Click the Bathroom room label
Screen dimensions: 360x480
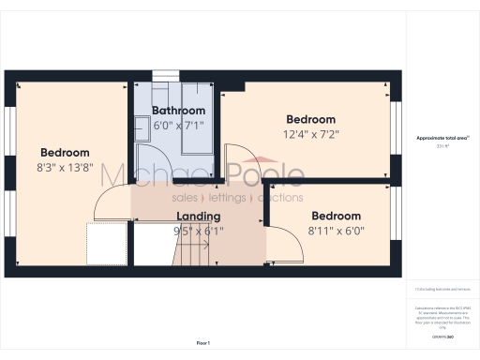click(178, 111)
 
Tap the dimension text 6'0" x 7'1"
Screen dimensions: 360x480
click(178, 124)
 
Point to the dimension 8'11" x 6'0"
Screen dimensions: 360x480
click(336, 230)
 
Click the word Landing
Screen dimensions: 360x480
click(198, 217)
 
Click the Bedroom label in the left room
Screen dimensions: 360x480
click(65, 153)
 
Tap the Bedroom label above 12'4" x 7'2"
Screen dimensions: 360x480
click(310, 120)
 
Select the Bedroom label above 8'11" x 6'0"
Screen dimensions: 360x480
click(336, 216)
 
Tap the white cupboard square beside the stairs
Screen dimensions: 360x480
click(108, 244)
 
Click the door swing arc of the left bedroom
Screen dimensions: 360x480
click(112, 196)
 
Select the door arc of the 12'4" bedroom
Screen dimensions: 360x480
click(240, 159)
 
